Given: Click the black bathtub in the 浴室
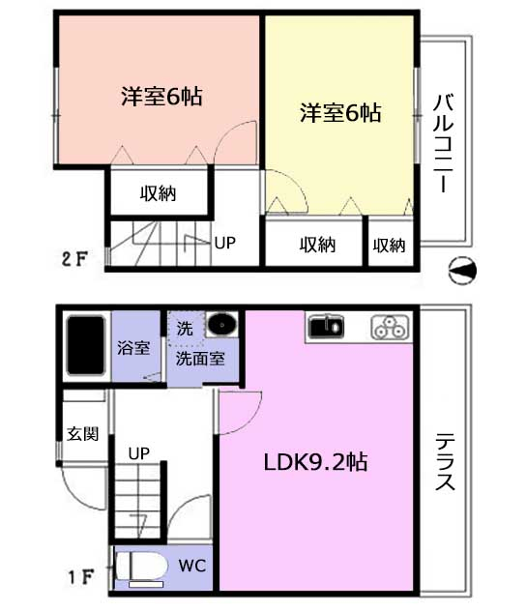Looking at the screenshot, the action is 86,346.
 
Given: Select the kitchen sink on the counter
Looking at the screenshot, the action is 326,327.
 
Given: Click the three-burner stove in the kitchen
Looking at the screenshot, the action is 390,327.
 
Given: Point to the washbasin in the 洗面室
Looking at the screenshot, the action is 221,324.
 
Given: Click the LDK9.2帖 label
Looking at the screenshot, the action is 315,462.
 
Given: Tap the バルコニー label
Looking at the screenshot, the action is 443,143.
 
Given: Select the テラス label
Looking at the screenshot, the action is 445,461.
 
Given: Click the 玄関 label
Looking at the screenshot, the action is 82,434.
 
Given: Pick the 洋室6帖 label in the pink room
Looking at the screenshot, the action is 161,97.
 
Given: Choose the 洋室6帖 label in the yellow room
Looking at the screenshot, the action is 340,112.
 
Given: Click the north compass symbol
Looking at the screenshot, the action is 462,270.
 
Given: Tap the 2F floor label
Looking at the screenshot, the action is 74,259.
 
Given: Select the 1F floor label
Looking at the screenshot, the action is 81,577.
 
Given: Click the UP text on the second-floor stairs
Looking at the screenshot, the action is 225,243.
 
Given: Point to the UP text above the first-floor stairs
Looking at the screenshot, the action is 139,453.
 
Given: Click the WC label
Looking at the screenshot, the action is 192,566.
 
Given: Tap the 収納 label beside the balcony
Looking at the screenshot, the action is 389,246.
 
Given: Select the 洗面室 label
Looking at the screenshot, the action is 200,359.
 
